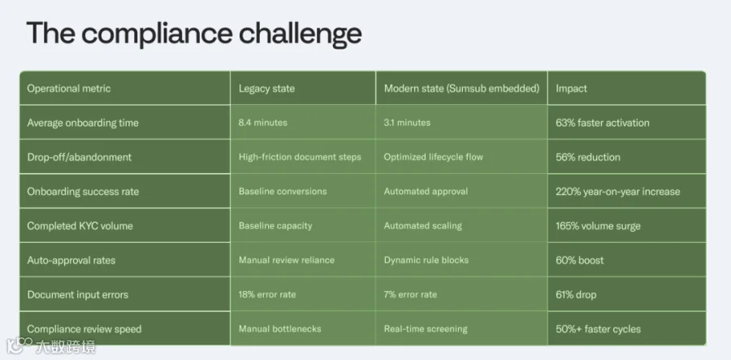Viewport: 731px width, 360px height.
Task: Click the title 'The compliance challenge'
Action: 194,33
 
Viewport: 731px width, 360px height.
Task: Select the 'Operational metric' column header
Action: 69,89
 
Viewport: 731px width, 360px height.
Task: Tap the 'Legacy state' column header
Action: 266,89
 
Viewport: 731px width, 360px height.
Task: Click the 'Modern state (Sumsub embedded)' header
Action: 461,89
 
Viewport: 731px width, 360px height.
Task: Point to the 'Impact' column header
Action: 571,89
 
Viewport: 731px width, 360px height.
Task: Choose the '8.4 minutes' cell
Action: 263,123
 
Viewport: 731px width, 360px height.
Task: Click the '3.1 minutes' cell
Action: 407,123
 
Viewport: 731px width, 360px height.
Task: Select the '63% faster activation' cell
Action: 603,123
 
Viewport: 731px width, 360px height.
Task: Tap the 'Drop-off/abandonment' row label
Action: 80,157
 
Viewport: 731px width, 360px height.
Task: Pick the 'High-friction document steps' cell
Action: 300,157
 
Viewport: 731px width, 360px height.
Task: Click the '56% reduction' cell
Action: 588,157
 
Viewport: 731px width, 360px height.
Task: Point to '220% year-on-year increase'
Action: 618,192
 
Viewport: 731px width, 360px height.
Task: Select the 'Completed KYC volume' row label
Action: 80,226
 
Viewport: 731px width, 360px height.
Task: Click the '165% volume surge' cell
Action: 598,226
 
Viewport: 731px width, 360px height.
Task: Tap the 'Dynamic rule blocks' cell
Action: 426,260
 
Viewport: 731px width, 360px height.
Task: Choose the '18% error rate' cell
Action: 267,295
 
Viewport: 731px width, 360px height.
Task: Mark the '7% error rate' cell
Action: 410,295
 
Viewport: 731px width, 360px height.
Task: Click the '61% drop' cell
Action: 576,295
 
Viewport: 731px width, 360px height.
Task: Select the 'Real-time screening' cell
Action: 426,329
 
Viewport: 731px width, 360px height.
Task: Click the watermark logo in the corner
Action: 51,345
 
